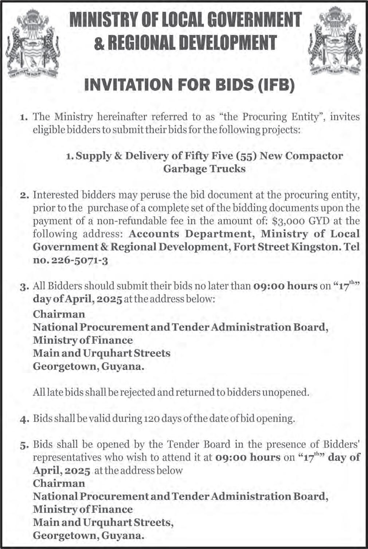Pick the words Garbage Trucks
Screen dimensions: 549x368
pyautogui.click(x=204, y=169)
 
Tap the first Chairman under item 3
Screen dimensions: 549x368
pyautogui.click(x=59, y=314)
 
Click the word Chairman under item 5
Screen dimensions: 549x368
pyautogui.click(x=59, y=483)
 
